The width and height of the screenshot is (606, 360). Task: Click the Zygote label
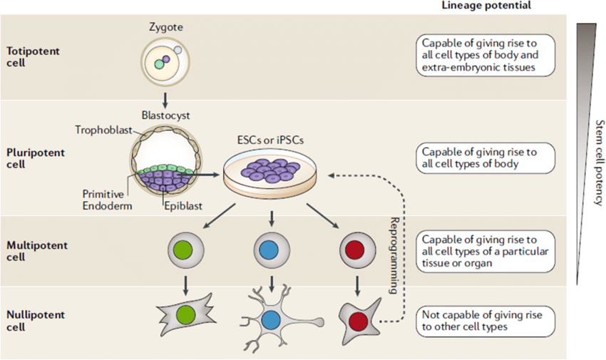tap(165, 27)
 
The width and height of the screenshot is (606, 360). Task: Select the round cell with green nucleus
tap(185, 250)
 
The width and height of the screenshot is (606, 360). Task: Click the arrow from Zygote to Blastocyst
tap(165, 97)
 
